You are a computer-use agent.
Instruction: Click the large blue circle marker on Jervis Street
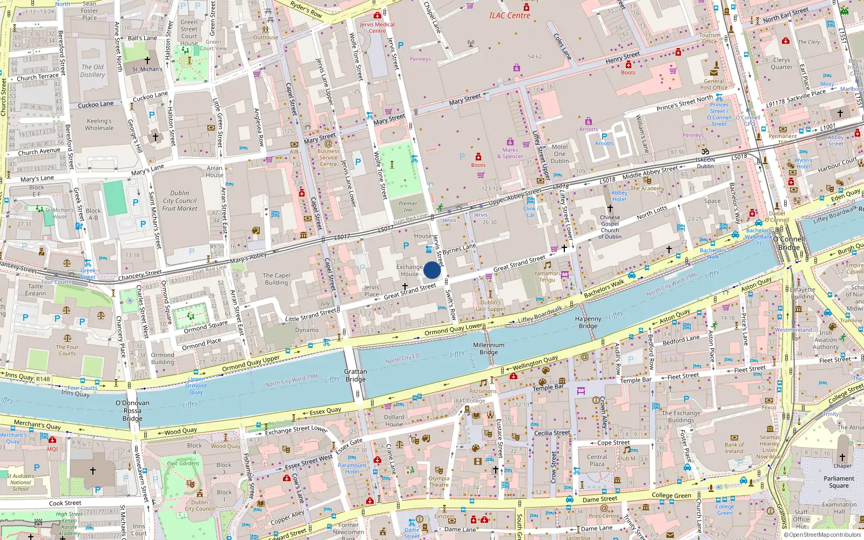pyautogui.click(x=432, y=270)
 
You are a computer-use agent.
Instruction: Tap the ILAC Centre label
pyautogui.click(x=509, y=16)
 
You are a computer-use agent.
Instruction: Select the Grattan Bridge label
pyautogui.click(x=355, y=375)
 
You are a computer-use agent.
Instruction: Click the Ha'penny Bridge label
pyautogui.click(x=588, y=322)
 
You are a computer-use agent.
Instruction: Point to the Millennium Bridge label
pyautogui.click(x=489, y=348)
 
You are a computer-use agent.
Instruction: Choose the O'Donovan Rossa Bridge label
pyautogui.click(x=132, y=410)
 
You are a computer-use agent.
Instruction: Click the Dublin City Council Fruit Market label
pyautogui.click(x=180, y=200)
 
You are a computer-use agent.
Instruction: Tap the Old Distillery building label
pyautogui.click(x=92, y=71)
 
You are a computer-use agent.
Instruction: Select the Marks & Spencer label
pyautogui.click(x=510, y=153)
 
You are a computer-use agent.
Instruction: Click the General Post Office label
pyautogui.click(x=713, y=84)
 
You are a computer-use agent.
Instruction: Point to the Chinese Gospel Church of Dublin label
pyautogui.click(x=610, y=227)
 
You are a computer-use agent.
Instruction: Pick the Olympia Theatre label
pyautogui.click(x=438, y=482)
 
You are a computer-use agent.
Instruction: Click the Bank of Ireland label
pyautogui.click(x=734, y=448)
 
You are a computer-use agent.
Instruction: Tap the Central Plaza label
pyautogui.click(x=597, y=460)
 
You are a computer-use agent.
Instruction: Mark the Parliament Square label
pyautogui.click(x=839, y=482)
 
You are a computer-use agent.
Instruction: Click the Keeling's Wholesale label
pyautogui.click(x=99, y=125)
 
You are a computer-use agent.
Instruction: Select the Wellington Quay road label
pyautogui.click(x=535, y=362)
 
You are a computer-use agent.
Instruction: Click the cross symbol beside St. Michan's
pyautogui.click(x=147, y=60)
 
